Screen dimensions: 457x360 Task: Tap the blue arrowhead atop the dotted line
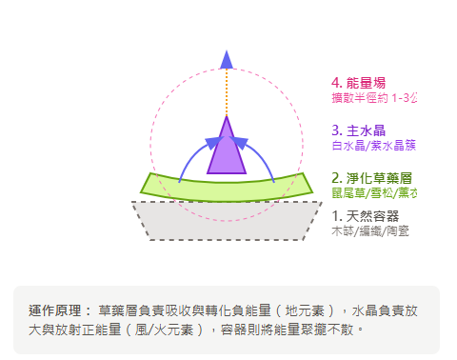click(227, 58)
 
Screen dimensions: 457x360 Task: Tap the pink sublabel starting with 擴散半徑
click(374, 98)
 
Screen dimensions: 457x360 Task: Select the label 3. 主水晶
click(359, 130)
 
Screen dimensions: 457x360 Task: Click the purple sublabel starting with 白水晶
click(374, 146)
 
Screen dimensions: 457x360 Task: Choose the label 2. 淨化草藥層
click(371, 178)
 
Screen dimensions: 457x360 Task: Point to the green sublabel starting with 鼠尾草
click(374, 193)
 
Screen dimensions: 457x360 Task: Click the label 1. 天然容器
click(366, 216)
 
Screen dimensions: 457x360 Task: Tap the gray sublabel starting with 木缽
click(370, 230)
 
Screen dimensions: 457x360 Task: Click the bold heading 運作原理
click(59, 310)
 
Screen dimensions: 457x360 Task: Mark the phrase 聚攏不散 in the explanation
click(333, 329)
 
